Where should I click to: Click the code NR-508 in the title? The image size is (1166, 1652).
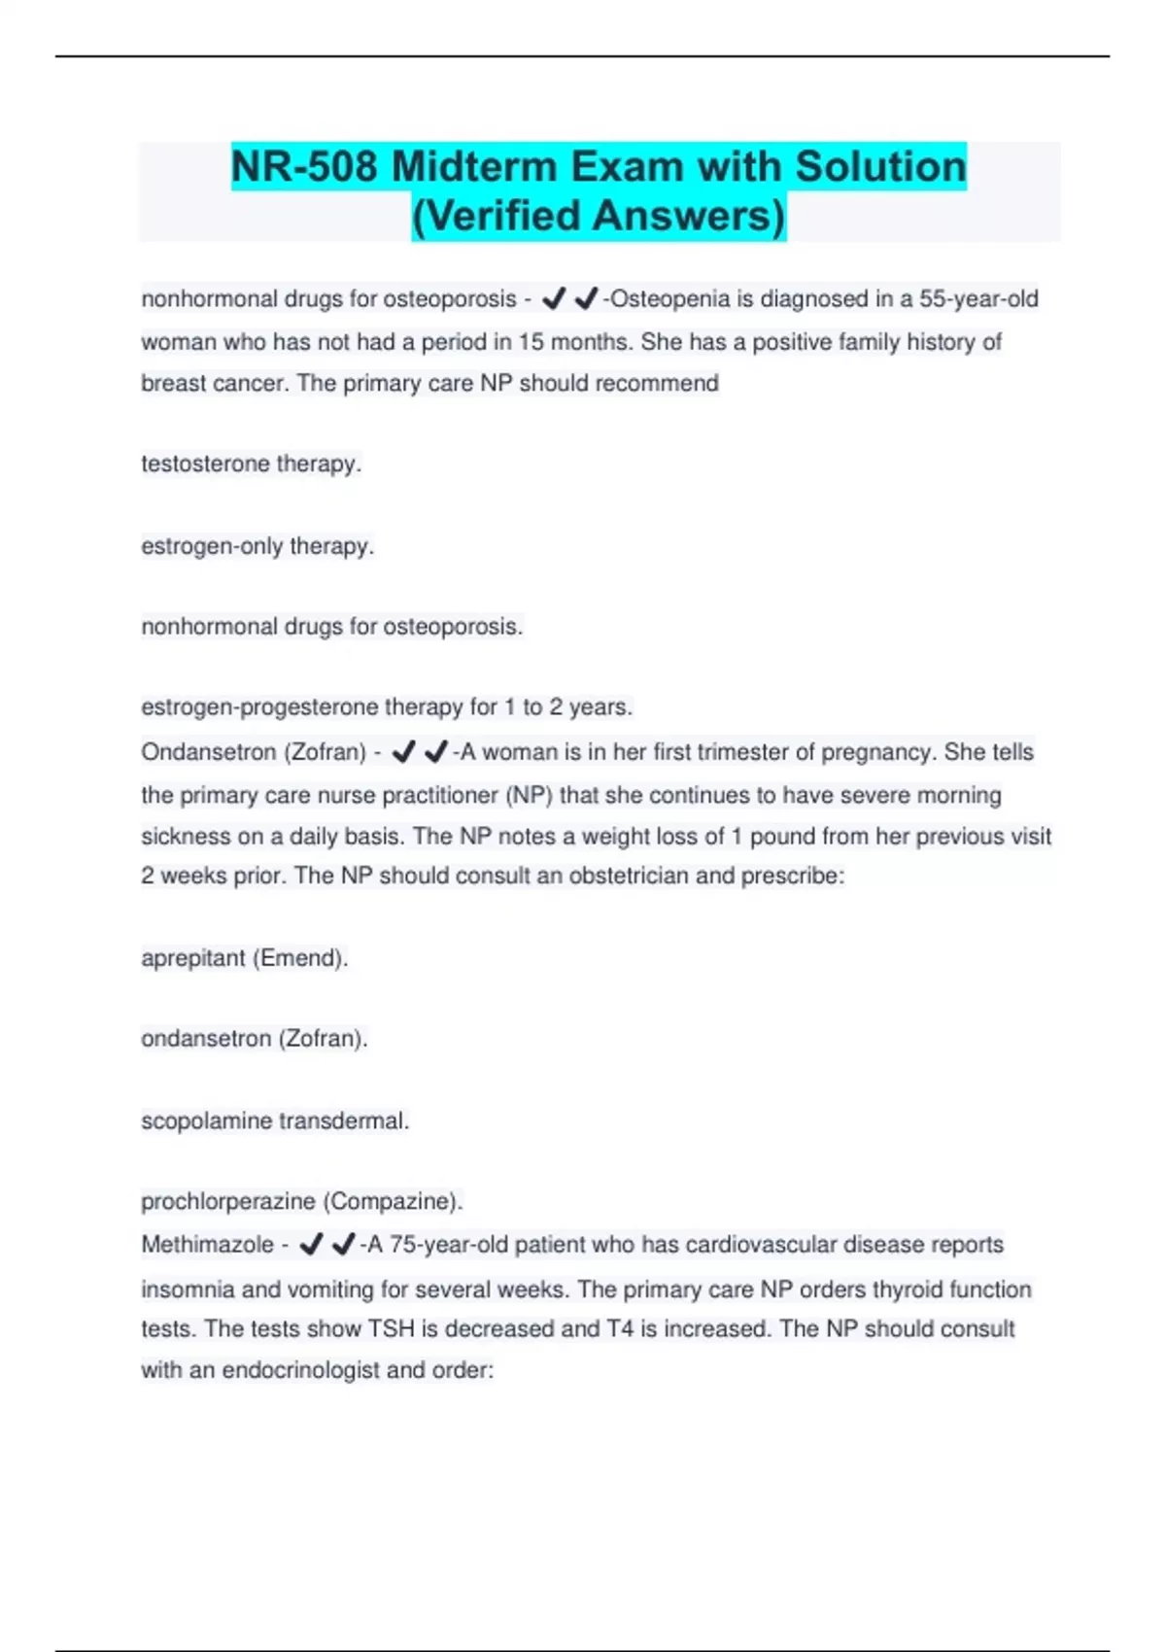(x=304, y=167)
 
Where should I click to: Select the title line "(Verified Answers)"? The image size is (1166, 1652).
(x=599, y=216)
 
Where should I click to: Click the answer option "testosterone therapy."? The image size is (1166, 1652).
(x=251, y=464)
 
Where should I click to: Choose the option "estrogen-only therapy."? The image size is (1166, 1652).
(x=257, y=546)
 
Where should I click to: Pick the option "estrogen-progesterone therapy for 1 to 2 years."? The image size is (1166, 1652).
(x=387, y=706)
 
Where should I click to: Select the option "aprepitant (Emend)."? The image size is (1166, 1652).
(x=244, y=958)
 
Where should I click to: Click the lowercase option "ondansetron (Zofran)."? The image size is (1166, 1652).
(x=255, y=1039)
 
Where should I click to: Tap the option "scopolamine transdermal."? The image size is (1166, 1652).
(x=275, y=1120)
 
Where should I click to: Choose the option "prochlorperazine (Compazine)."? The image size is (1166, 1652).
(x=301, y=1201)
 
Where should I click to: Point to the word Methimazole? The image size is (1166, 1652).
(x=207, y=1245)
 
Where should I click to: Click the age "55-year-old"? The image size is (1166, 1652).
(x=978, y=299)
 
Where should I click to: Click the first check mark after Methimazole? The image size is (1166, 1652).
(x=311, y=1245)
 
